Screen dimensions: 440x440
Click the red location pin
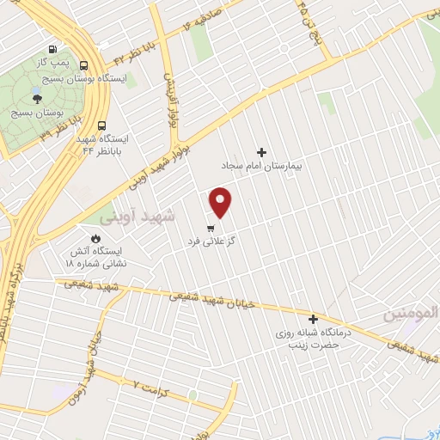tap(221, 202)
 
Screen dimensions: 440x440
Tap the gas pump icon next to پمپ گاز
tap(55, 49)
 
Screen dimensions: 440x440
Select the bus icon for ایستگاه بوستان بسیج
tap(83, 64)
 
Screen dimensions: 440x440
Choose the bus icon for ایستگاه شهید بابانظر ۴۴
tap(102, 125)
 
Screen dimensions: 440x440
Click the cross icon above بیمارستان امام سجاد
tap(262, 151)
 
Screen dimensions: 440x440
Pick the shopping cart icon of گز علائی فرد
tap(211, 229)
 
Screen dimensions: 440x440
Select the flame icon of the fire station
tap(95, 238)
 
